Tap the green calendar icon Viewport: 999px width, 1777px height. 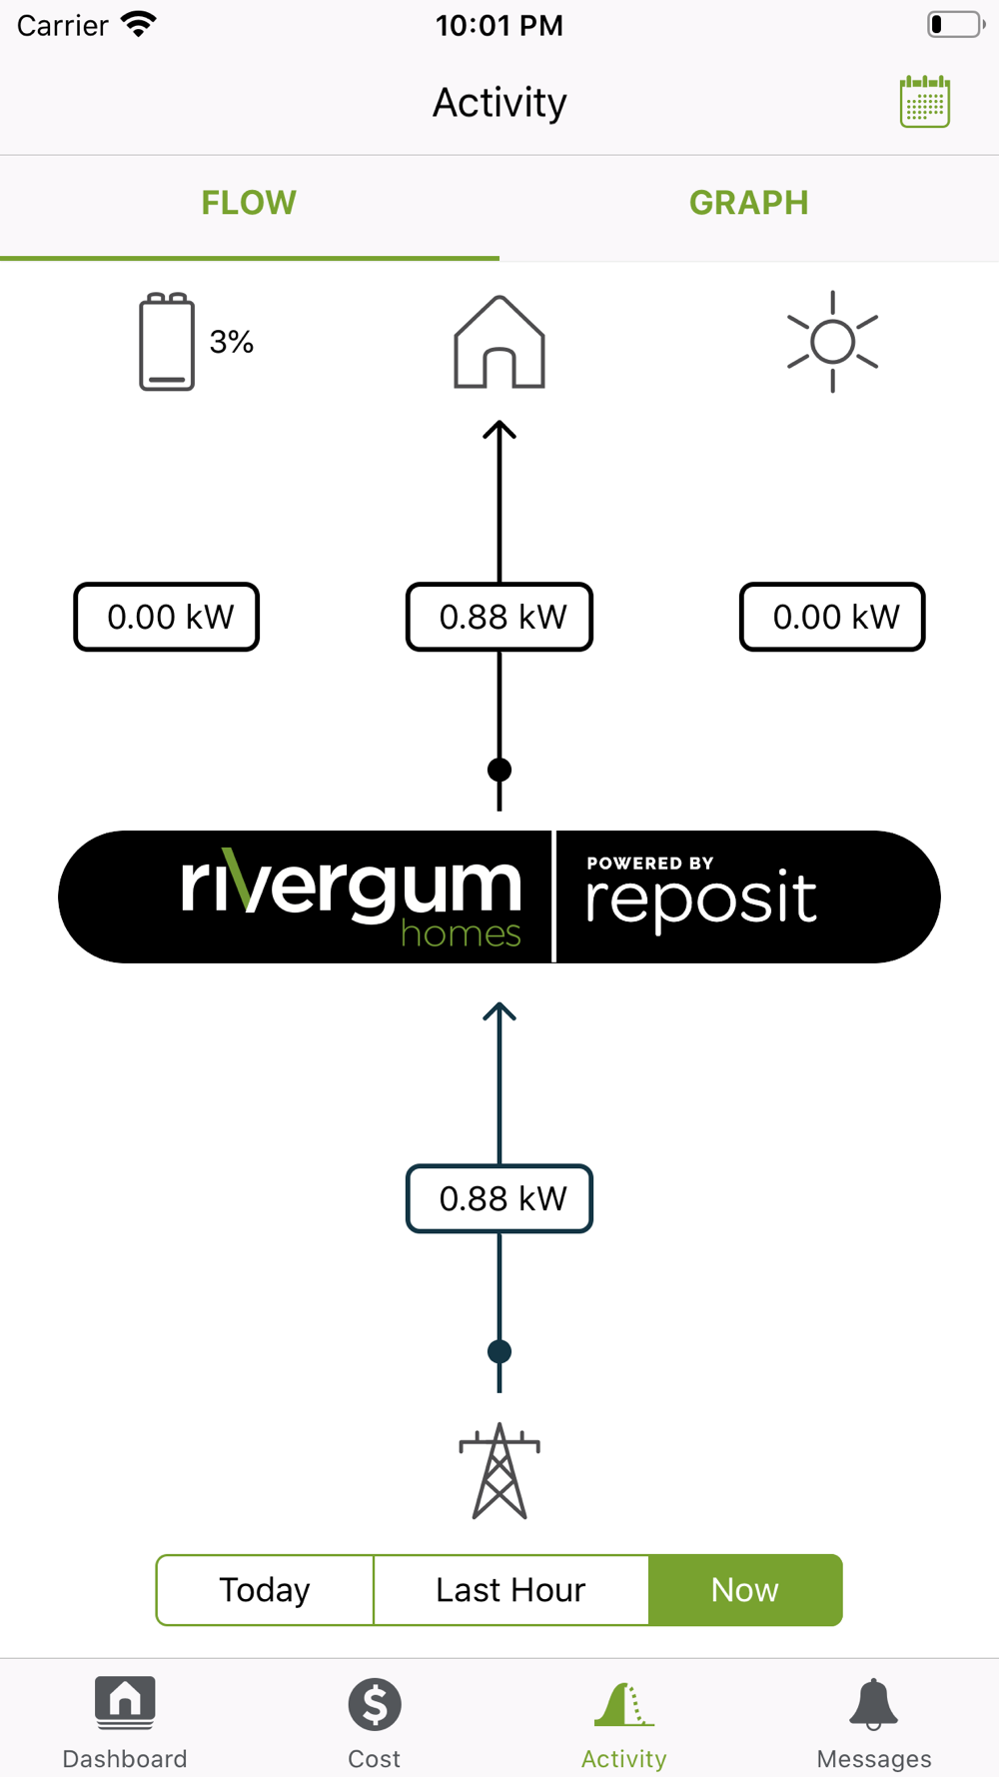[x=924, y=101]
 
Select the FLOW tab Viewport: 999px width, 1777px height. [x=249, y=203]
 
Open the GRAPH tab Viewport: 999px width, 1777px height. [x=748, y=203]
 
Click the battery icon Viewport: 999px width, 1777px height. [x=167, y=342]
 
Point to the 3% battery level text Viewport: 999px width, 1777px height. [x=232, y=342]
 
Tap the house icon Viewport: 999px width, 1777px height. [x=499, y=343]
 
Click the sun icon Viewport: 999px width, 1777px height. [x=832, y=342]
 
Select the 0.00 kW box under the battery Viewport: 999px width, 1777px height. [x=167, y=617]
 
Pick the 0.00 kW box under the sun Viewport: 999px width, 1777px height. [x=832, y=617]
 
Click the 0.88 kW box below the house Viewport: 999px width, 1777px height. [x=499, y=617]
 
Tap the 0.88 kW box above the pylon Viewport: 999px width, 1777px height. [x=499, y=1198]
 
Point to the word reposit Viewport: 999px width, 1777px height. [x=701, y=898]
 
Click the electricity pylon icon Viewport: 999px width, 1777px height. [x=499, y=1471]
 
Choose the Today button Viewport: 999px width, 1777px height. [x=265, y=1590]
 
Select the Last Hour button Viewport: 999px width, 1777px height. [x=510, y=1590]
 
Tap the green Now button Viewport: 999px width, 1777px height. [x=745, y=1590]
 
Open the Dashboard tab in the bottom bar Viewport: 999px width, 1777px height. [x=125, y=1719]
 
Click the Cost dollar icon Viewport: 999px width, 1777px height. [x=375, y=1705]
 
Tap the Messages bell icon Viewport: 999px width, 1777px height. [x=874, y=1705]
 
